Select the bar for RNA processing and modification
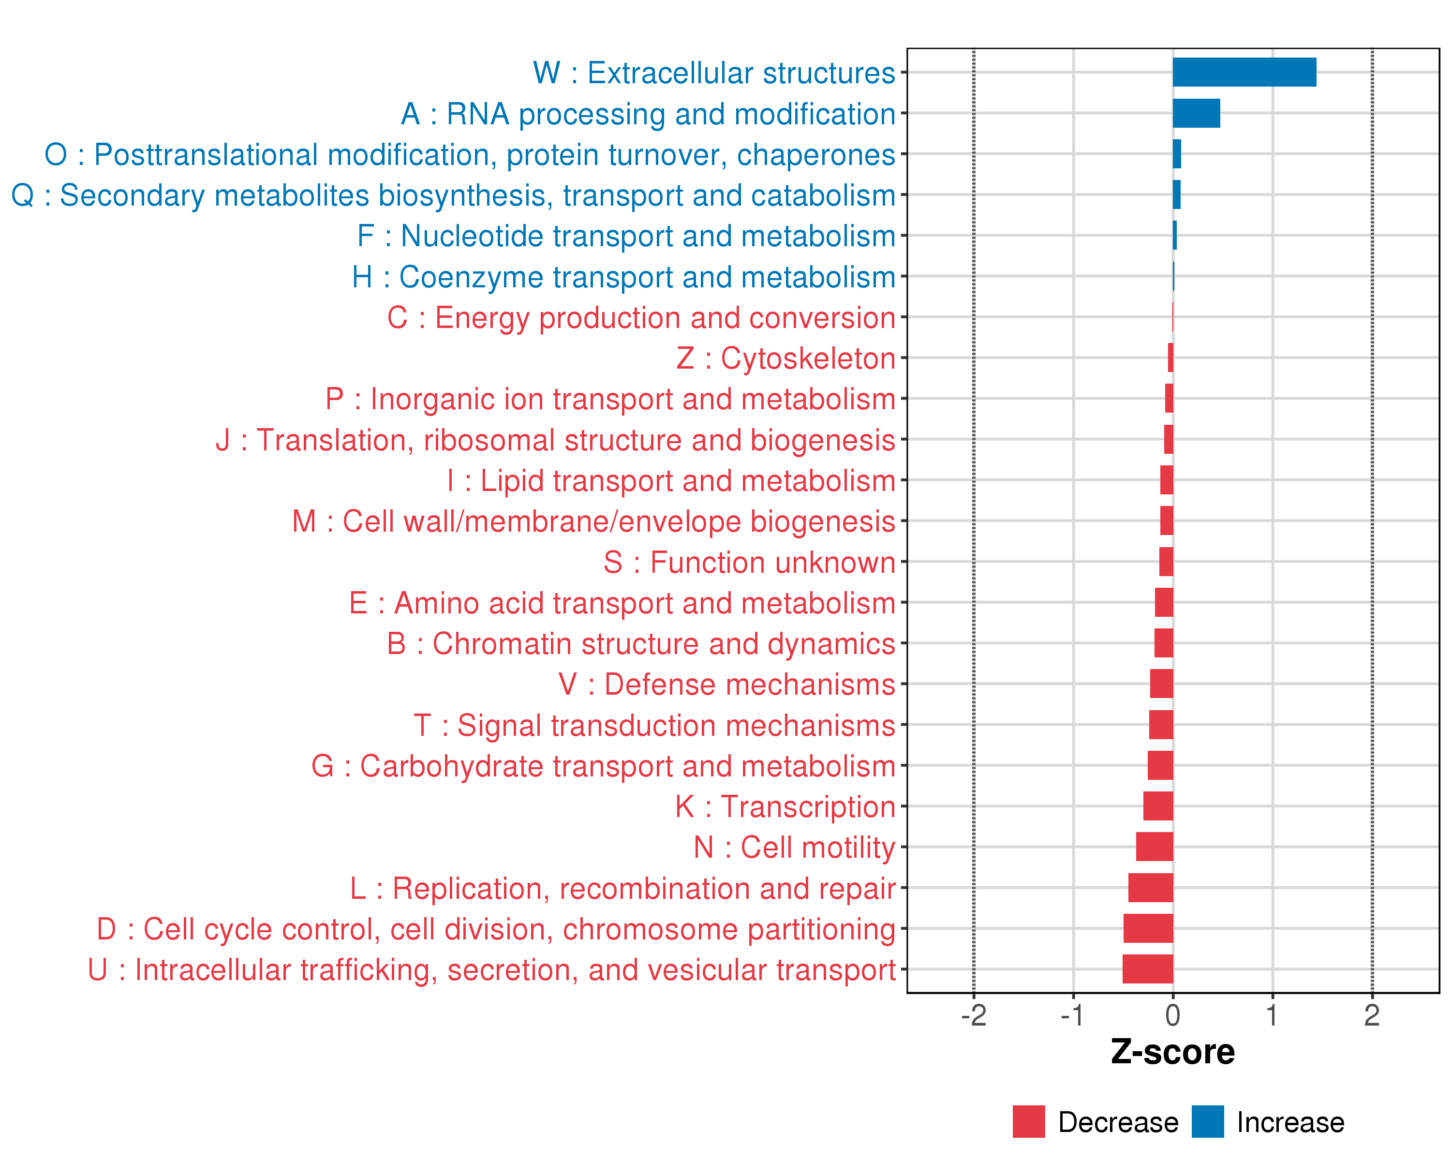[1196, 113]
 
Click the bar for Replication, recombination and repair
[1150, 888]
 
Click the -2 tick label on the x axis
[973, 1015]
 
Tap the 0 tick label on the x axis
[1172, 1015]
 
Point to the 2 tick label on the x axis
[1372, 1015]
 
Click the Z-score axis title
[1172, 1053]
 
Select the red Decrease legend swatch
[1028, 1122]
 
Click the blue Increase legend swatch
[1207, 1122]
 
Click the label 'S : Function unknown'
[749, 563]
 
